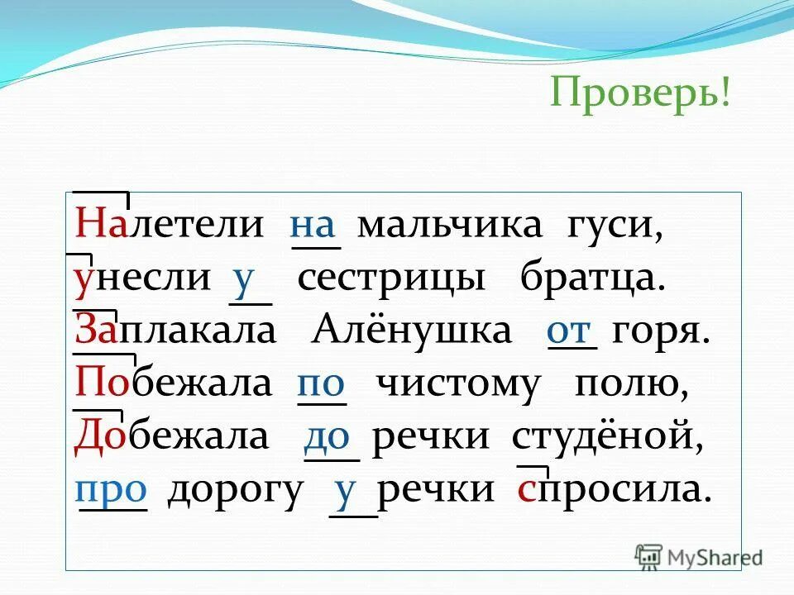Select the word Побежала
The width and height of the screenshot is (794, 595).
[x=174, y=384]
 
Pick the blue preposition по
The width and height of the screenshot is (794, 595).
[x=320, y=384]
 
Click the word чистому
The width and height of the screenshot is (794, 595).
[x=457, y=384]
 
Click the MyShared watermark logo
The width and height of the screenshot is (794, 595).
[x=699, y=558]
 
